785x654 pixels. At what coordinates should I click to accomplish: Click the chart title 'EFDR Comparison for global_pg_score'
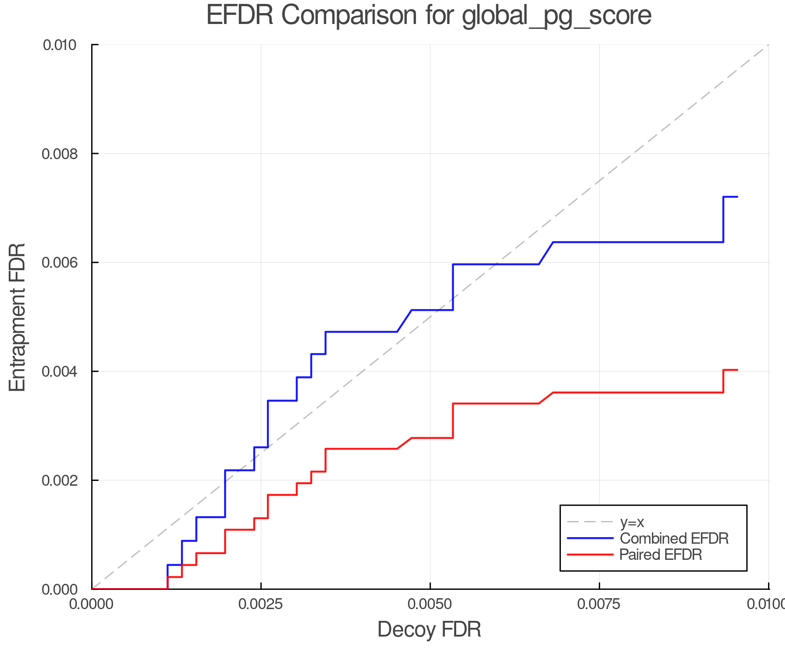[429, 15]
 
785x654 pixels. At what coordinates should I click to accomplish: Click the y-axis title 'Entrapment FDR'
[18, 317]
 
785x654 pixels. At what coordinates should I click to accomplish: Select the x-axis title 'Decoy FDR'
[429, 630]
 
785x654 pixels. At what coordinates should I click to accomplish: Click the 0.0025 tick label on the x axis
[261, 604]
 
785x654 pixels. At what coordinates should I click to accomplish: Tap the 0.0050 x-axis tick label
[430, 604]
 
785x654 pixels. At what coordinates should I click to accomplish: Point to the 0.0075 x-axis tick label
[599, 604]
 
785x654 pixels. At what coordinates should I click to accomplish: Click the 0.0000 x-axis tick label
[92, 604]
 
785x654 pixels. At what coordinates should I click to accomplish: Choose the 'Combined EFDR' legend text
[674, 538]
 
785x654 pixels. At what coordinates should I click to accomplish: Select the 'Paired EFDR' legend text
[661, 555]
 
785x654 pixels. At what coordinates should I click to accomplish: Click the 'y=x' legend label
[632, 522]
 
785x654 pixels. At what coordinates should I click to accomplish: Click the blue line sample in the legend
[590, 538]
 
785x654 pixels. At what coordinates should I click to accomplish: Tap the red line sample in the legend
[590, 555]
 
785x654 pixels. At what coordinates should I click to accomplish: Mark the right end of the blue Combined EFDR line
[737, 197]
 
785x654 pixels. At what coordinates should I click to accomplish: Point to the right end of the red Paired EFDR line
[737, 370]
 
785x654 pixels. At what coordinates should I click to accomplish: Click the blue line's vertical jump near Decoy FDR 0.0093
[724, 219]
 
